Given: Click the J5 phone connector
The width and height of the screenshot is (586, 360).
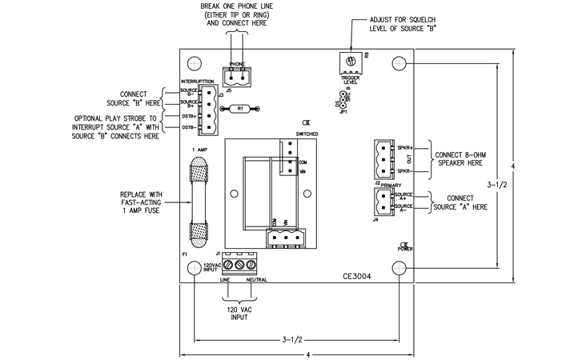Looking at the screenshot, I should pyautogui.click(x=235, y=76).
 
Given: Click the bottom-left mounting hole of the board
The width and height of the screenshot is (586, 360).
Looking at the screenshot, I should pyautogui.click(x=195, y=266).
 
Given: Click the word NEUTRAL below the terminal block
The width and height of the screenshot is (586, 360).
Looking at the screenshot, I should pyautogui.click(x=256, y=281).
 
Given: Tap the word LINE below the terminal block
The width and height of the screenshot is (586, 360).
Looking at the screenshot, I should pyautogui.click(x=225, y=281).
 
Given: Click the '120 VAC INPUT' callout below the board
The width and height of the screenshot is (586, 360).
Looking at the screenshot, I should pyautogui.click(x=237, y=313).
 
